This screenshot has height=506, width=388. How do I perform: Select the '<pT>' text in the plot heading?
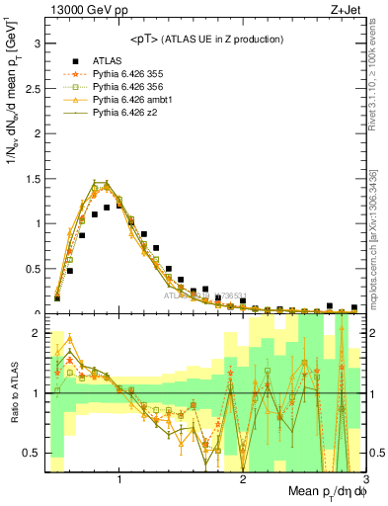coord(145,39)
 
